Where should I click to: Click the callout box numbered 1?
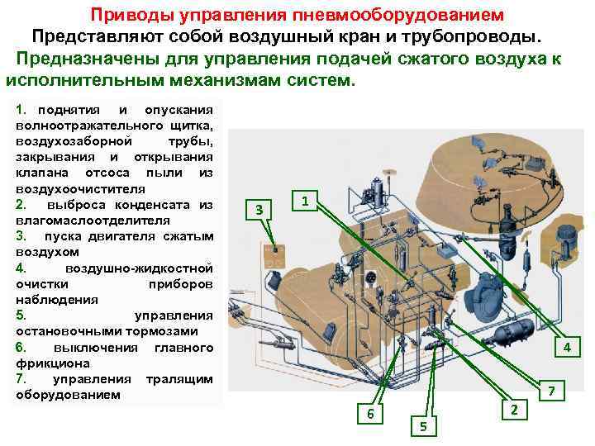click(x=305, y=201)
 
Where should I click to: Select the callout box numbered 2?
click(x=514, y=410)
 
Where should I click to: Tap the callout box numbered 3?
click(x=259, y=209)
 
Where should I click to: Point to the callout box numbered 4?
click(x=567, y=347)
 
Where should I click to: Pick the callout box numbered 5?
click(x=423, y=426)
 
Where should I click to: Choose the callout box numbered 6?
click(x=370, y=413)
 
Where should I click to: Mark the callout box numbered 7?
click(x=551, y=391)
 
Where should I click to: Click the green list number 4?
click(x=21, y=268)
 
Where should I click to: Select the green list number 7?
click(x=21, y=378)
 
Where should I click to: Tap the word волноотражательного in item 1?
click(x=89, y=126)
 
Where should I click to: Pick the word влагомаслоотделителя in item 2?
click(x=93, y=221)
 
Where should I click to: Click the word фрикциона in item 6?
click(x=53, y=363)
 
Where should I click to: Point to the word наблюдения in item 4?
click(x=57, y=300)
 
